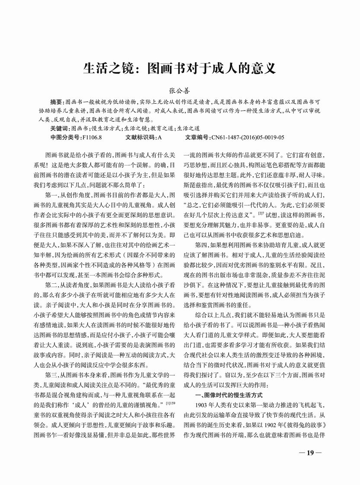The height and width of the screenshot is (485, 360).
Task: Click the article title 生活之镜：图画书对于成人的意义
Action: tap(179, 69)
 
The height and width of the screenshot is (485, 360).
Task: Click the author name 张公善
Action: tap(179, 91)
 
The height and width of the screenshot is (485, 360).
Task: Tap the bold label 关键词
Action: tap(59, 129)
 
